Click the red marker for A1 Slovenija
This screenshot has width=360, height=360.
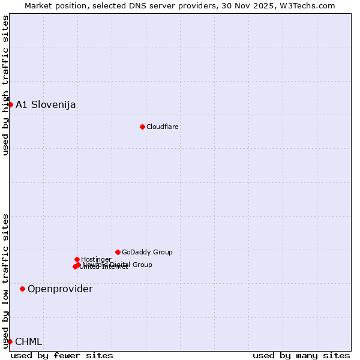click(x=10, y=104)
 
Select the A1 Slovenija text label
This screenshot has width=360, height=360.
click(x=46, y=104)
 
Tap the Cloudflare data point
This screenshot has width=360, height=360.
click(x=142, y=127)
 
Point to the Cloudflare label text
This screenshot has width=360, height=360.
click(x=163, y=127)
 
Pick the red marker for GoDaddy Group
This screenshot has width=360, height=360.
click(x=118, y=252)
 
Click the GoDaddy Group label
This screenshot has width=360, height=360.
click(x=147, y=252)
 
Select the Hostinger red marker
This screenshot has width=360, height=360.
click(x=77, y=259)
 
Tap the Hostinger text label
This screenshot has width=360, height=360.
click(x=96, y=259)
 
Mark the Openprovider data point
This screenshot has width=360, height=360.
click(x=22, y=289)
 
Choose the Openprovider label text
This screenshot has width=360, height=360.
click(x=60, y=289)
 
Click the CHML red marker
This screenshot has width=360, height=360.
click(x=10, y=341)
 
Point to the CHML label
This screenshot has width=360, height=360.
click(x=29, y=341)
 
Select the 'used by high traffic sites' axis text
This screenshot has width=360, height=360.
click(x=5, y=86)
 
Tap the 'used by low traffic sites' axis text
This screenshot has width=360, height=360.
click(x=5, y=281)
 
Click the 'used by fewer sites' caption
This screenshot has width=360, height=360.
click(x=62, y=355)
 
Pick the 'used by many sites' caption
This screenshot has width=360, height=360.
click(x=301, y=355)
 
